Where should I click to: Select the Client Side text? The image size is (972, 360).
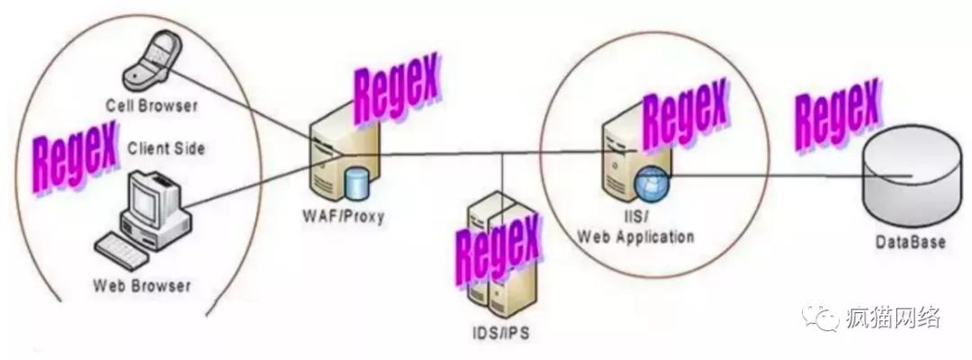click(166, 148)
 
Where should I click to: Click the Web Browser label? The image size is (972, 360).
click(142, 286)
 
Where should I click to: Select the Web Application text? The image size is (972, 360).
click(635, 238)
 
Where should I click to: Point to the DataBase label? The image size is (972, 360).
click(910, 243)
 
